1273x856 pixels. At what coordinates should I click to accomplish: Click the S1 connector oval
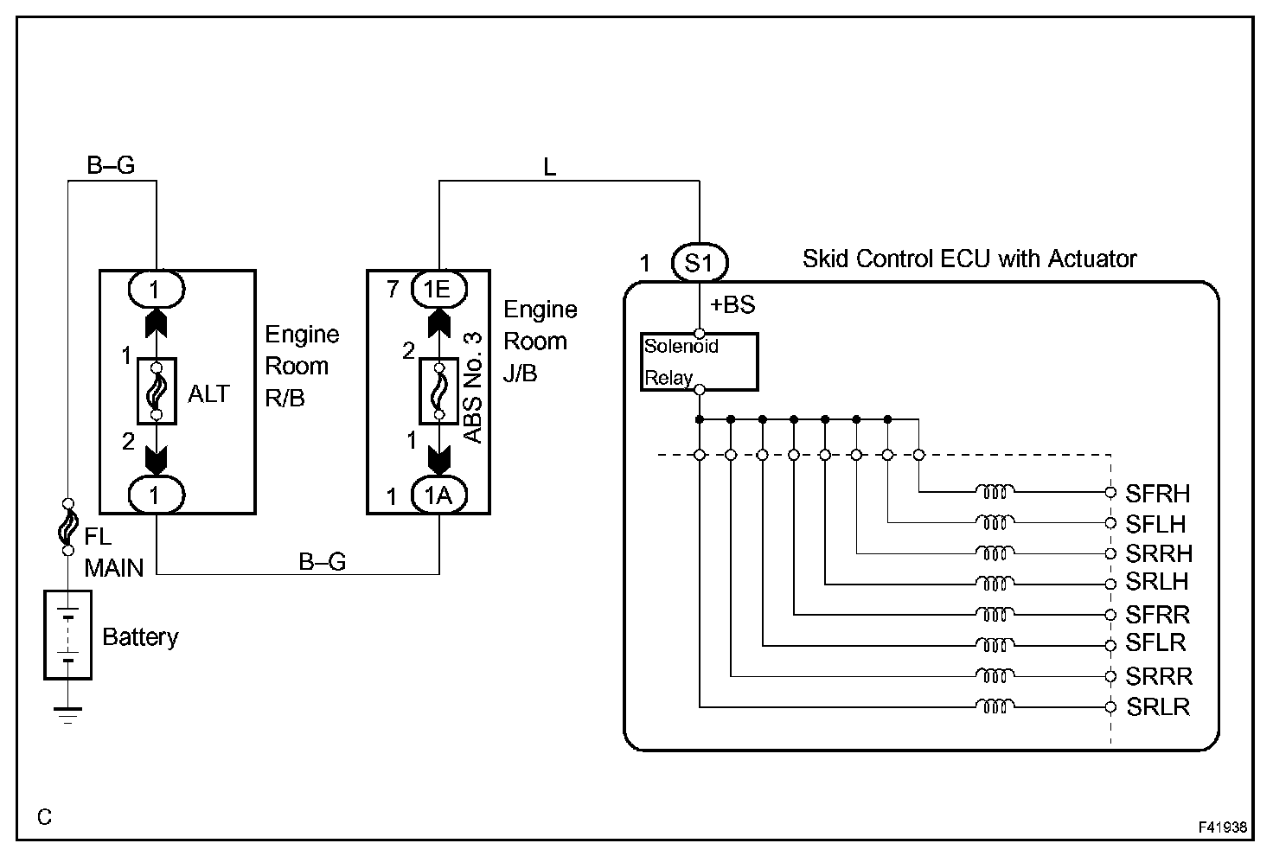699,263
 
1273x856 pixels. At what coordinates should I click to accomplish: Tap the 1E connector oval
438,288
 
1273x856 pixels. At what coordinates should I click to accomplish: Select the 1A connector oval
438,495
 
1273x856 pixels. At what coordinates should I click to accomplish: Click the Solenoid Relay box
699,362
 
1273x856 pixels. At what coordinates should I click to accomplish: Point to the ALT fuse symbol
157,391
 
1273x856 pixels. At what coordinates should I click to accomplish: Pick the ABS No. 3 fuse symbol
438,391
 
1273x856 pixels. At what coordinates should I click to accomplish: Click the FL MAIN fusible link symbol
67,526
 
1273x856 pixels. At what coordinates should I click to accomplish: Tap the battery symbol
68,635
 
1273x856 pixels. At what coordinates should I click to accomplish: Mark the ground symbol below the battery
67,713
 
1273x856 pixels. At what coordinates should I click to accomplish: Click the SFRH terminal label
1158,494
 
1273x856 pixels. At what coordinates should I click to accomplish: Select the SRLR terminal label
1158,706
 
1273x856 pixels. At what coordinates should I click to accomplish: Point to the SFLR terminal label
1156,643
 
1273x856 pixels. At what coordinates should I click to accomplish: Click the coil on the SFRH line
995,492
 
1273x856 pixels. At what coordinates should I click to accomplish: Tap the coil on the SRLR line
995,706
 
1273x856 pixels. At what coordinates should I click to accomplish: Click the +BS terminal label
732,305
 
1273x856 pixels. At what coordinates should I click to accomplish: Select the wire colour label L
550,168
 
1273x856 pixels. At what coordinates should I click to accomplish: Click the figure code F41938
1222,827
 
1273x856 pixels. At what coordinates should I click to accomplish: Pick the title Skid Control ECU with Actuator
969,259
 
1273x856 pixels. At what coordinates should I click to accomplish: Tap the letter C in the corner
45,816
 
